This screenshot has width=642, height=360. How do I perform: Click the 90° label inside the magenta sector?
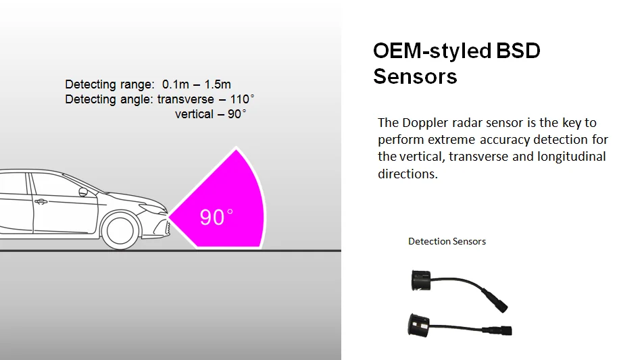[x=216, y=217]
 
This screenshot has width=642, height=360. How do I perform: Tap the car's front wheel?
[x=122, y=230]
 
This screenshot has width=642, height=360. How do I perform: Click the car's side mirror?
[x=83, y=192]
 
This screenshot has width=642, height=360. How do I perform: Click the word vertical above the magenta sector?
[x=195, y=114]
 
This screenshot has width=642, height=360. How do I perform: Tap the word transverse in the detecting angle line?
[x=186, y=99]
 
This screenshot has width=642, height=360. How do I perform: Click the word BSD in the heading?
[x=518, y=51]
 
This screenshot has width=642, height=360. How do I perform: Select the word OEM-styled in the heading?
[x=433, y=51]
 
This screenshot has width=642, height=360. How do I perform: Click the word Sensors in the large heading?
[x=415, y=76]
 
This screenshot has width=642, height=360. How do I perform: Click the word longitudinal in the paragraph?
[x=572, y=157]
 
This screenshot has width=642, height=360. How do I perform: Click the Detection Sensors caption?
[x=447, y=241]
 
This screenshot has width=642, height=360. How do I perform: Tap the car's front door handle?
[x=42, y=201]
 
